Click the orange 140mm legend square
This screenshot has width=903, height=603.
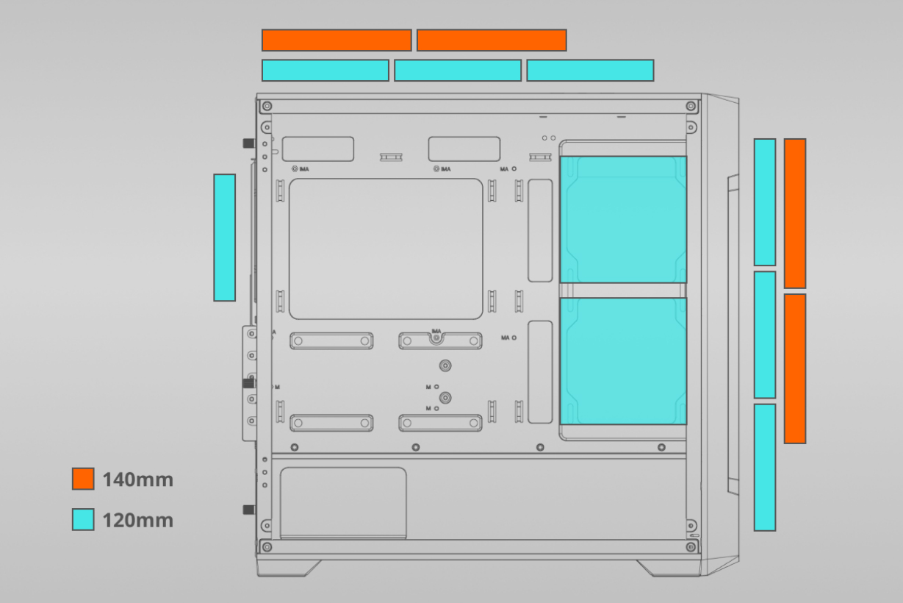tap(83, 479)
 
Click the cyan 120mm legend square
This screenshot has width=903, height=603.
tap(83, 519)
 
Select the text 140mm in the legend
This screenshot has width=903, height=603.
tap(137, 479)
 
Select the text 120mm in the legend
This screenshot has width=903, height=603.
tap(137, 520)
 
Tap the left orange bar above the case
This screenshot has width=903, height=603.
tap(337, 40)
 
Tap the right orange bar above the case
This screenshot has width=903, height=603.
tap(492, 40)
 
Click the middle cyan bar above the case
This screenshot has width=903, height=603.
tap(458, 70)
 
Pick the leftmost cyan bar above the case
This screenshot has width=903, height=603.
tap(325, 70)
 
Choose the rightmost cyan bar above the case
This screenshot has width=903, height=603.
tap(590, 70)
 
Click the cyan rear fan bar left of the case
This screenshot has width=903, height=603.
tap(225, 238)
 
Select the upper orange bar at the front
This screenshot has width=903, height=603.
tap(795, 213)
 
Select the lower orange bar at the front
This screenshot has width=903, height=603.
tap(795, 368)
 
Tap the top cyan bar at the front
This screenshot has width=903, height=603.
tap(765, 202)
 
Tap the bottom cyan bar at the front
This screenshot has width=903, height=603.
tap(765, 467)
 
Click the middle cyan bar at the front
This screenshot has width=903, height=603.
tap(765, 335)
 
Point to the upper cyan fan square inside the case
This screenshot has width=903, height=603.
tap(623, 219)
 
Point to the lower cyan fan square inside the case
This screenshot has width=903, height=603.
tap(623, 361)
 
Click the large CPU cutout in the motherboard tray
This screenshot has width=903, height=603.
tap(386, 249)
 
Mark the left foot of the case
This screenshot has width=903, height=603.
tap(289, 568)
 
